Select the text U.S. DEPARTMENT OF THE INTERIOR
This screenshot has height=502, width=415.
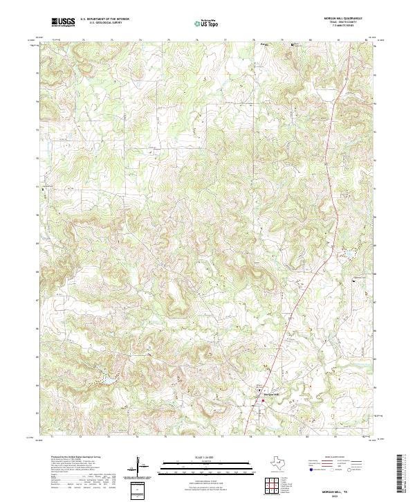point(104,20)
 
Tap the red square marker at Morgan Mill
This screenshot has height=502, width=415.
point(263,400)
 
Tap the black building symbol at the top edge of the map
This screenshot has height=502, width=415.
point(292,45)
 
